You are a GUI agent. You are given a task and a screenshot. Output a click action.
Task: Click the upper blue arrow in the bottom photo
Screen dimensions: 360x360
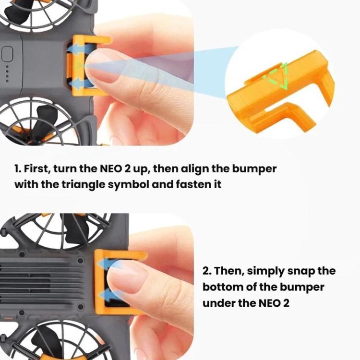coord(107,263)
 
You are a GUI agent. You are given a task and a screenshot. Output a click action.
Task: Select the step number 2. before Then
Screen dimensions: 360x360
coord(207,271)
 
